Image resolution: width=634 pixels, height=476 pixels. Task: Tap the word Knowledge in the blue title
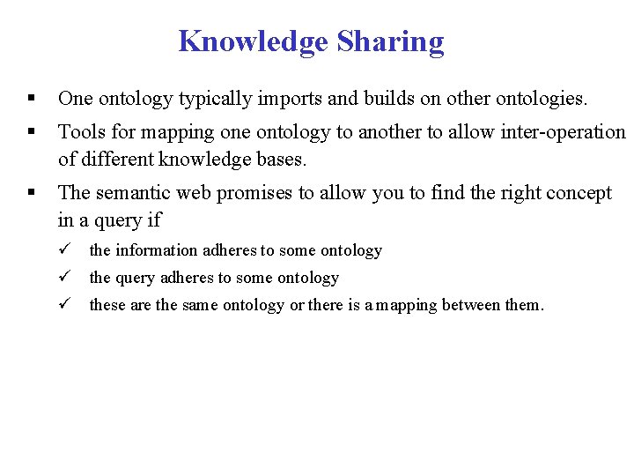point(254,41)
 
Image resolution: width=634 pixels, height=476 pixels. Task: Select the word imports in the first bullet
point(289,99)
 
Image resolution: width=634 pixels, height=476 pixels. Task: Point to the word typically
point(215,99)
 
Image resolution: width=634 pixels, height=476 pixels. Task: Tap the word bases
point(281,160)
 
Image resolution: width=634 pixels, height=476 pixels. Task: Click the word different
point(119,160)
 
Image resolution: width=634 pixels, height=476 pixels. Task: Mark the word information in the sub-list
point(154,250)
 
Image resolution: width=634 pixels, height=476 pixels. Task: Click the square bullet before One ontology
point(32,99)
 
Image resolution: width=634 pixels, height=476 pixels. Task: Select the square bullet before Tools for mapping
point(32,132)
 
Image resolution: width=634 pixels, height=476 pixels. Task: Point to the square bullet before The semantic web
point(32,193)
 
